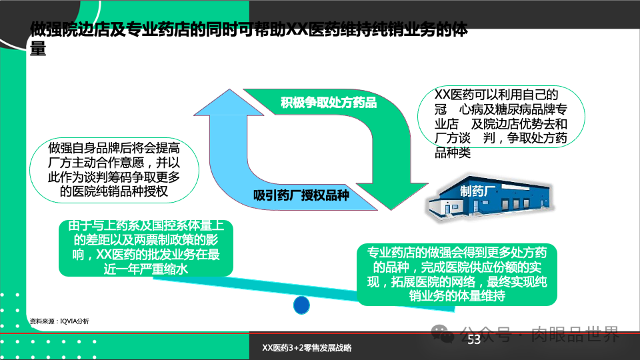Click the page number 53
(473, 341)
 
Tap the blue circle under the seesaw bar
(302, 305)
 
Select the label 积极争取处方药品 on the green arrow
(328, 103)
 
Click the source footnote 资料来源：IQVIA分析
(59, 321)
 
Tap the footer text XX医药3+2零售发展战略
(307, 348)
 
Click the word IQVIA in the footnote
(69, 321)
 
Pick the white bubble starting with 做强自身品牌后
(113, 170)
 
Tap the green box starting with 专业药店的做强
(457, 273)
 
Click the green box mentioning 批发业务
(145, 247)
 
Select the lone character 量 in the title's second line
(38, 49)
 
